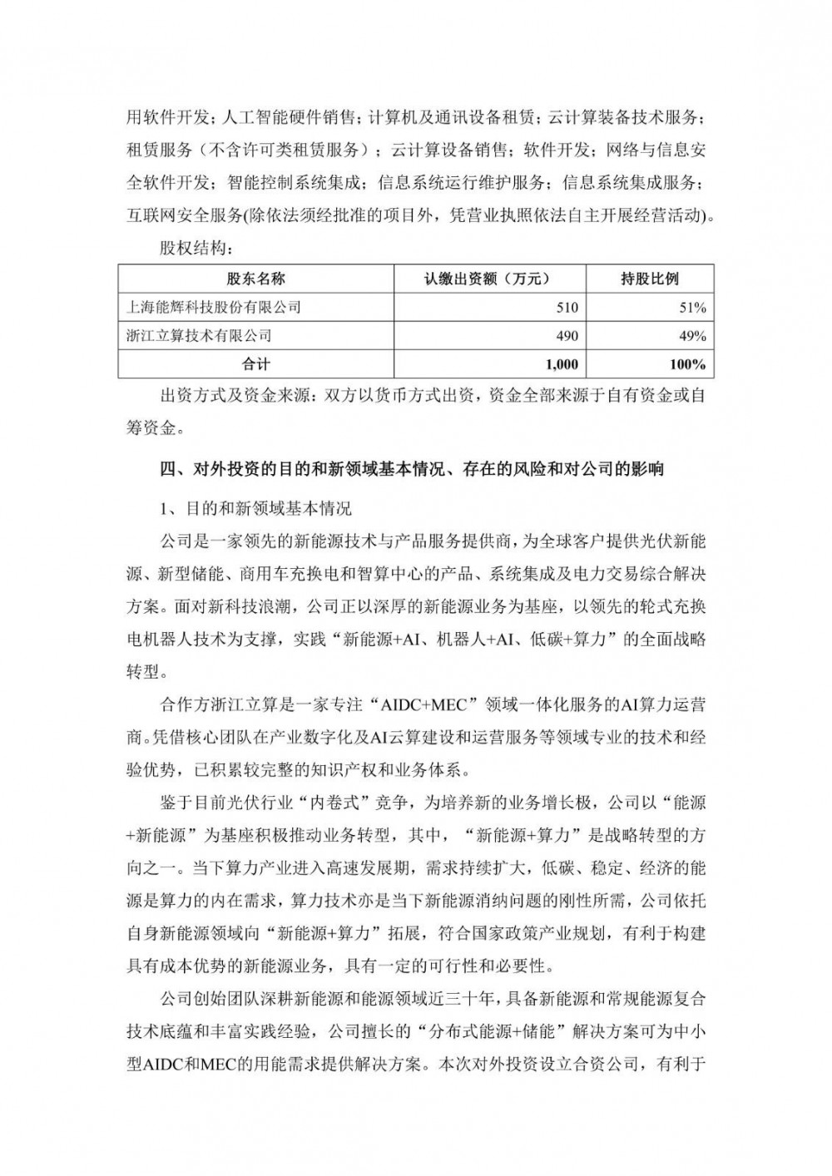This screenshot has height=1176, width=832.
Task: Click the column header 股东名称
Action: (x=255, y=279)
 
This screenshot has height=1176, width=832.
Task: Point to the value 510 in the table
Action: (x=567, y=308)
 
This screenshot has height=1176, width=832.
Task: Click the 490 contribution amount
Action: (x=567, y=336)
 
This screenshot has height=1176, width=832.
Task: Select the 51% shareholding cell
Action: (x=693, y=308)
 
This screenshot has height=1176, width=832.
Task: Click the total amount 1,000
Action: (x=562, y=364)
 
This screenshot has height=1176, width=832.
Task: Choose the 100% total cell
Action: (x=688, y=364)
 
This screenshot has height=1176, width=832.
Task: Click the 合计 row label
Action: (x=255, y=364)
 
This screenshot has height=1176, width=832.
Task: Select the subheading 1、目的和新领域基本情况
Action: (x=255, y=507)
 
